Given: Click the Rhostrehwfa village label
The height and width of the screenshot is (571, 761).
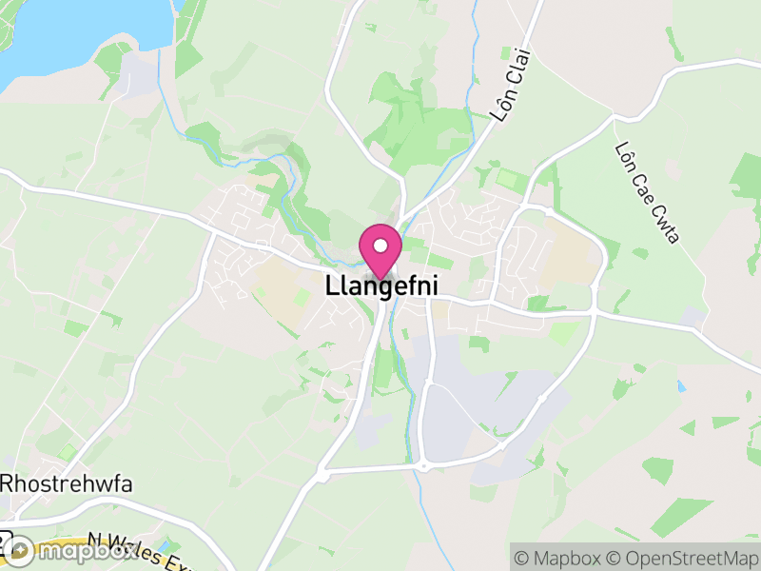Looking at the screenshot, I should point(66,483).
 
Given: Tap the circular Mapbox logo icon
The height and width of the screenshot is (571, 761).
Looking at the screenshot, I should point(21,550).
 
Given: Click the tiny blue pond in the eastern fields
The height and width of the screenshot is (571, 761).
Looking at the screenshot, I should point(681,386).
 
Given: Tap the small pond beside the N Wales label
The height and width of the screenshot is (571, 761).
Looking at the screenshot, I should point(169,545).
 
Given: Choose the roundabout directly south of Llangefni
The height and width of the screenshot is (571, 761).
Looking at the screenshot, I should point(421,465).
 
